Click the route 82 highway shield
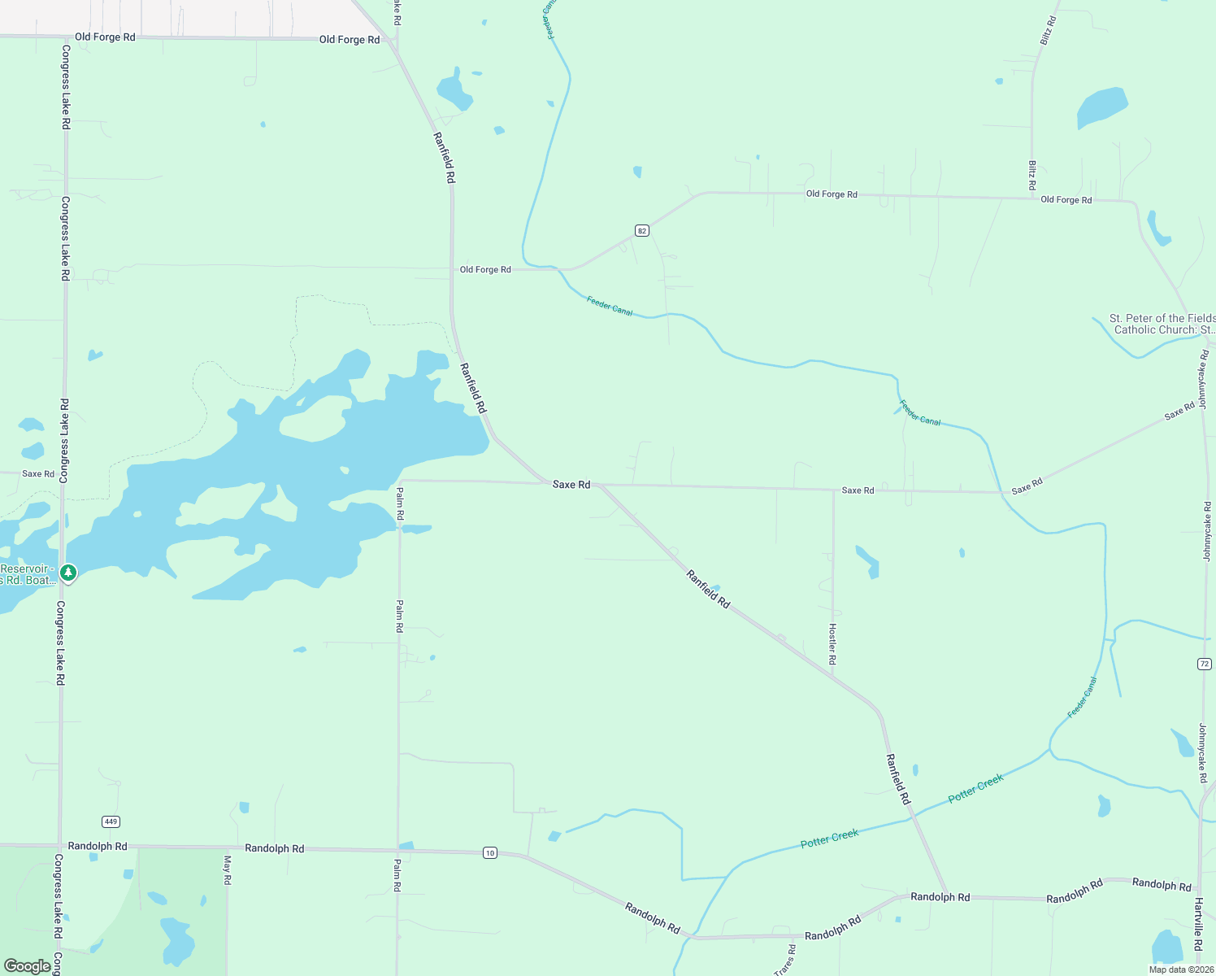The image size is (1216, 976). pyautogui.click(x=642, y=231)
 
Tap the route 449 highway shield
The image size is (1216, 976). pyautogui.click(x=111, y=821)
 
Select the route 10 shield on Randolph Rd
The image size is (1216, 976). pyautogui.click(x=489, y=852)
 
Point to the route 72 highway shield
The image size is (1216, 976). pyautogui.click(x=1205, y=664)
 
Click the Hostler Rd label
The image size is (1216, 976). pyautogui.click(x=832, y=644)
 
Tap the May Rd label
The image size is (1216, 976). pyautogui.click(x=228, y=870)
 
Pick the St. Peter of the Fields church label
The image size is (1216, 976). pyautogui.click(x=1162, y=324)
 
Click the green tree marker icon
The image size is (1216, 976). pyautogui.click(x=69, y=573)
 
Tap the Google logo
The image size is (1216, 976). pyautogui.click(x=27, y=966)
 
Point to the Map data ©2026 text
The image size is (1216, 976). pyautogui.click(x=1181, y=969)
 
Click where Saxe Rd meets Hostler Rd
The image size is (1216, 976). pyautogui.click(x=833, y=490)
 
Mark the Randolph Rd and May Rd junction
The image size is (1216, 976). pyautogui.click(x=227, y=847)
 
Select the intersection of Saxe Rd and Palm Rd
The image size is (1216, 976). pyautogui.click(x=399, y=481)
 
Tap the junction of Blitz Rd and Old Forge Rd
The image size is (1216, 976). pyautogui.click(x=1032, y=198)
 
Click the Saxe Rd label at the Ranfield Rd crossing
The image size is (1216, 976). pyautogui.click(x=571, y=485)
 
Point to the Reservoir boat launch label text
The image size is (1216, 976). pyautogui.click(x=28, y=574)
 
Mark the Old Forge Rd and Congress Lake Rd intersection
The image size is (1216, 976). pyautogui.click(x=65, y=37)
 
